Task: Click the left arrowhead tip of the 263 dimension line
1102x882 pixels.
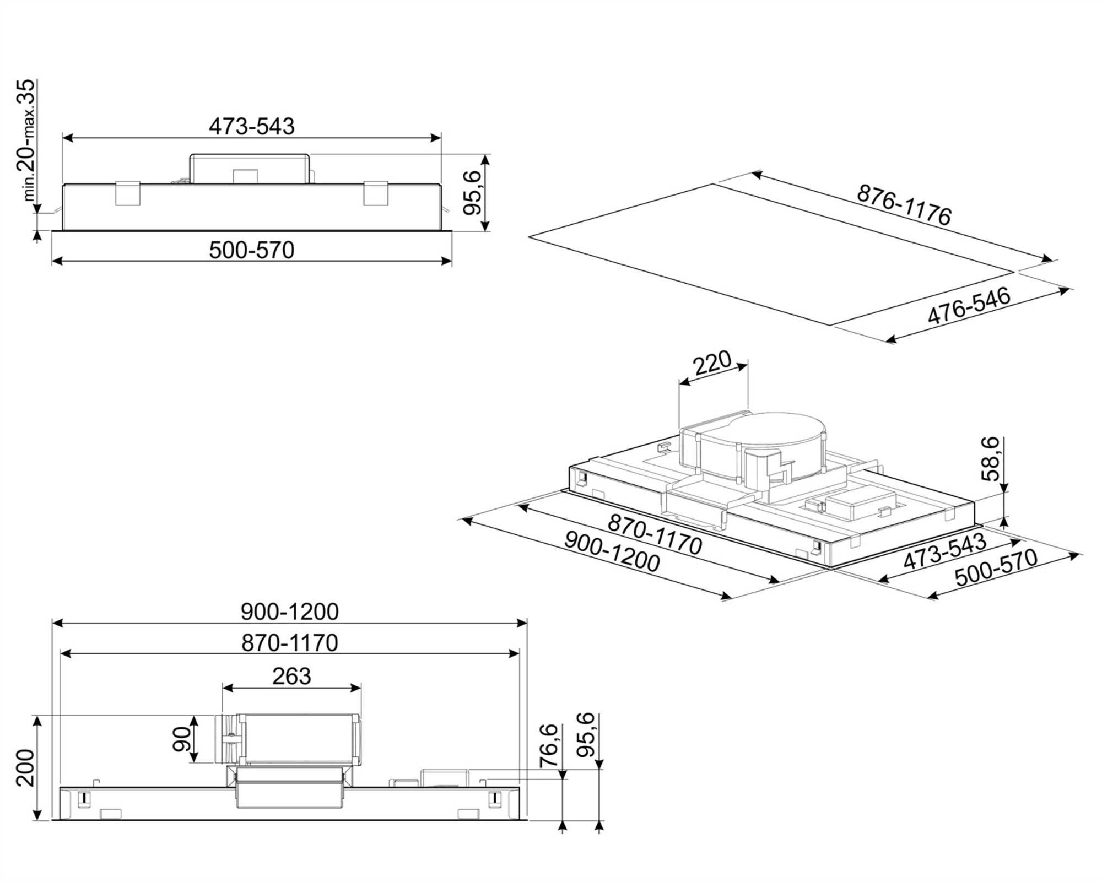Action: pyautogui.click(x=223, y=688)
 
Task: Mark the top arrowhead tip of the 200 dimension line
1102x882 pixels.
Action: pyautogui.click(x=37, y=716)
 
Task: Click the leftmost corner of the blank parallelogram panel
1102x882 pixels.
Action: pyautogui.click(x=528, y=237)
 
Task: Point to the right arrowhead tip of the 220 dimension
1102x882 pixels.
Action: pyautogui.click(x=748, y=363)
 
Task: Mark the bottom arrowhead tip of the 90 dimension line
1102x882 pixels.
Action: pyautogui.click(x=193, y=762)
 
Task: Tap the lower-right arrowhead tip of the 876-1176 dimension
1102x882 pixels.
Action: pyautogui.click(x=1053, y=261)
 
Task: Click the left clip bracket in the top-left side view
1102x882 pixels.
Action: pyautogui.click(x=127, y=193)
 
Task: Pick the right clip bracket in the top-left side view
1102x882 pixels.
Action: pyautogui.click(x=376, y=193)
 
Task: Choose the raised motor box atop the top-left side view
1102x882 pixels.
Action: pyautogui.click(x=249, y=169)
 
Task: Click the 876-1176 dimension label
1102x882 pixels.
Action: pyautogui.click(x=904, y=205)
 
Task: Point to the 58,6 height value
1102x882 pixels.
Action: pyautogui.click(x=991, y=459)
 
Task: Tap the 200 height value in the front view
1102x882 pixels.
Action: pyautogui.click(x=24, y=767)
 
